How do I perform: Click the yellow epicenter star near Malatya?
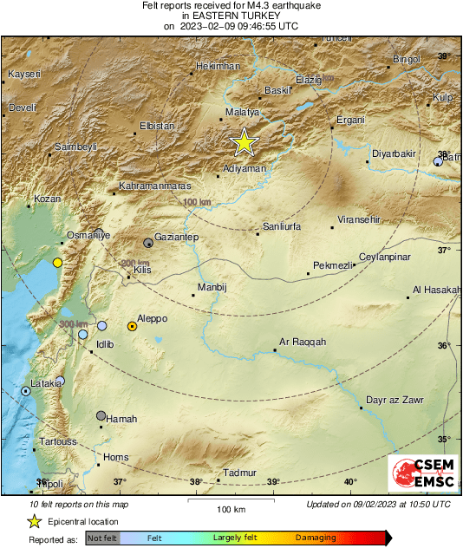point(245,142)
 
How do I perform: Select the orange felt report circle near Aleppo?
point(132,326)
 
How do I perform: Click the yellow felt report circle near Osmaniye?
point(57,262)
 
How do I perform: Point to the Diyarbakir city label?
point(395,154)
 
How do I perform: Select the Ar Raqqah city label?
point(303,342)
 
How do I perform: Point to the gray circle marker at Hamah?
point(101,415)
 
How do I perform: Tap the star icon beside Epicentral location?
point(34,521)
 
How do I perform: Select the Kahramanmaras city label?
point(155,186)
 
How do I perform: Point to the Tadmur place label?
point(240,473)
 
